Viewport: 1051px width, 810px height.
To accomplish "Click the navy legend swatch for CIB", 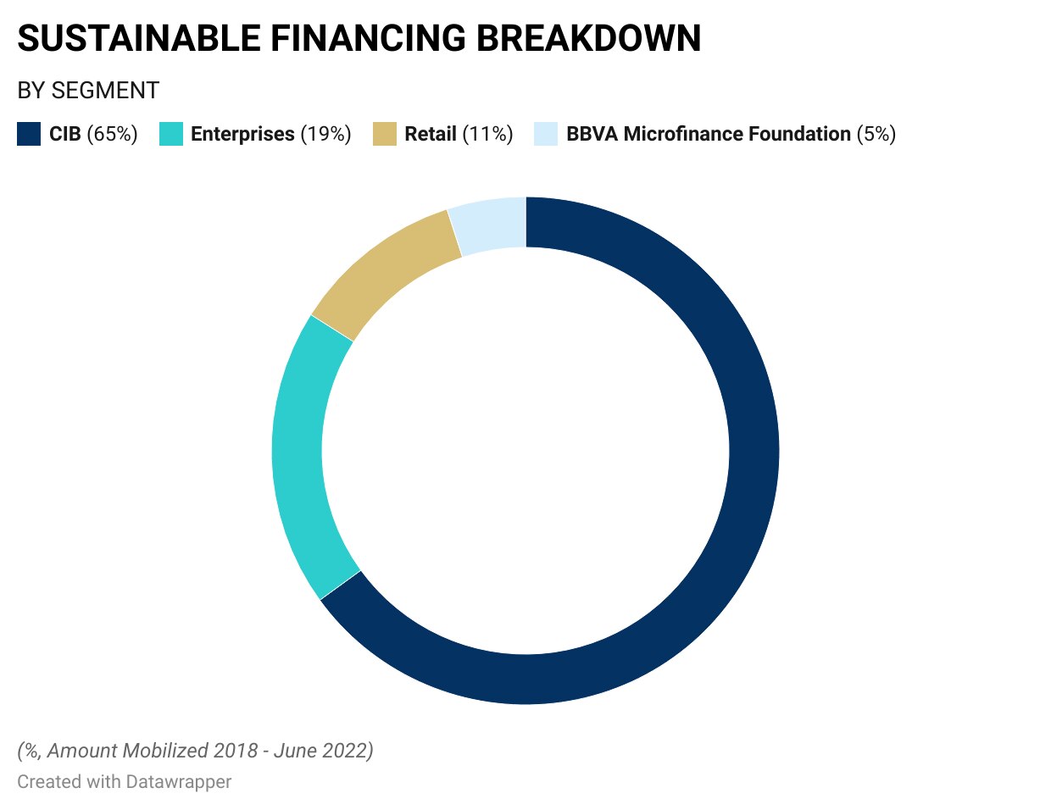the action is coord(29,134).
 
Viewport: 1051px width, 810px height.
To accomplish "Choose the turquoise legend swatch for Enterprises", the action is coord(171,134).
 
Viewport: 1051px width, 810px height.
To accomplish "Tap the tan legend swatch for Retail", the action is coord(385,134).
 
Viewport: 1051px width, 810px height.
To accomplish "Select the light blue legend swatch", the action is coord(546,134).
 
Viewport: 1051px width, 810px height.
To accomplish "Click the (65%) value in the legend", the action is coord(112,134).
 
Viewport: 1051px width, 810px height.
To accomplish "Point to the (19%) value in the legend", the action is coord(326,134).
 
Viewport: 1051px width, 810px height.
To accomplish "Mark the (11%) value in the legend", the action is coord(487,134).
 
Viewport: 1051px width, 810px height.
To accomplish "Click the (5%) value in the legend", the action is coord(876,134).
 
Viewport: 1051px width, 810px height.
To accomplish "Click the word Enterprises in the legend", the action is coord(242,134).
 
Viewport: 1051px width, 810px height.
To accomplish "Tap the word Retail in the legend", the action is coord(431,134).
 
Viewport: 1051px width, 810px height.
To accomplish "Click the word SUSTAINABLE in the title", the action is coord(139,38).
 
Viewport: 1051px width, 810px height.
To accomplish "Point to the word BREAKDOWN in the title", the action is coord(588,38).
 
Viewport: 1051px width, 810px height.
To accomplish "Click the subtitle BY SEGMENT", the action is coord(88,91).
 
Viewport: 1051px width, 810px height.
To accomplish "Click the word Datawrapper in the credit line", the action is coord(179,782).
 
